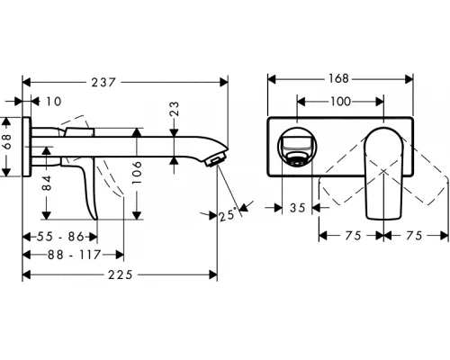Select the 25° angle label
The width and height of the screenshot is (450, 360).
229,214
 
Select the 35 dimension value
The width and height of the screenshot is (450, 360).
299,209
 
